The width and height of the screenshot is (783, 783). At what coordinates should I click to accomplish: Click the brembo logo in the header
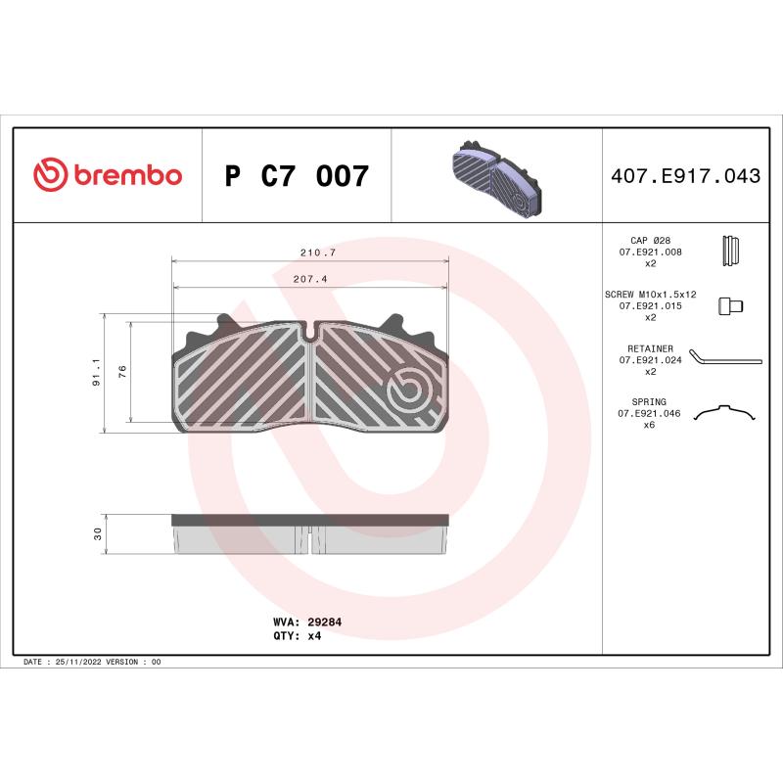(108, 175)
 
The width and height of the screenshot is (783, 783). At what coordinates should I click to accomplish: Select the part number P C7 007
(297, 176)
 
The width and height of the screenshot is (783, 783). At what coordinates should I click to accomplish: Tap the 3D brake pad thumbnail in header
(496, 177)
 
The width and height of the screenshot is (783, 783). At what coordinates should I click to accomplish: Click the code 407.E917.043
(684, 176)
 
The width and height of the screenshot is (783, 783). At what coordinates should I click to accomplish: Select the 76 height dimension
(122, 372)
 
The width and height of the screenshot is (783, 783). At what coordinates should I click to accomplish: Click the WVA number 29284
(324, 622)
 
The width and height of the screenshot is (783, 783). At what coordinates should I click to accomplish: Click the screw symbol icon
(730, 305)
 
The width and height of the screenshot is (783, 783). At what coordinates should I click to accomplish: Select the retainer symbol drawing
(724, 358)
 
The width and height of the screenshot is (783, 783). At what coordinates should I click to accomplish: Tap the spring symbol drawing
(725, 413)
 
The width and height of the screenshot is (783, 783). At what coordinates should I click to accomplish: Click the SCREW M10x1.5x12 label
(650, 294)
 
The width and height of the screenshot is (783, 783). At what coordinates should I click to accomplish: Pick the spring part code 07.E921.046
(650, 413)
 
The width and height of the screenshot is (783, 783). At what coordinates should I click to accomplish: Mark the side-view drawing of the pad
(310, 533)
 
